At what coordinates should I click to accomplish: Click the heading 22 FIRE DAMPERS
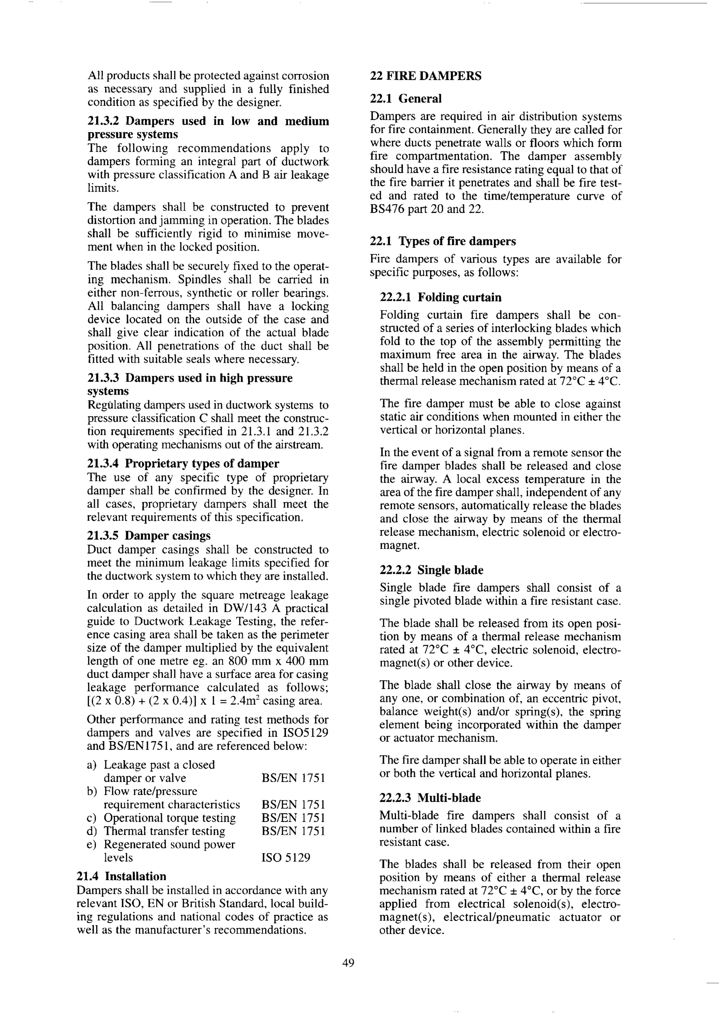pos(426,76)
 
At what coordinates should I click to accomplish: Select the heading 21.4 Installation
pos(121,877)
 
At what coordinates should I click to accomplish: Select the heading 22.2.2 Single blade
pos(431,570)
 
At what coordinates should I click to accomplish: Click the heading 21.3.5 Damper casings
pos(149,536)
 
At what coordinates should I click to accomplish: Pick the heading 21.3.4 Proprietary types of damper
pos(183,464)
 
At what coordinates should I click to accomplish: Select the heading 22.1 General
pos(405,98)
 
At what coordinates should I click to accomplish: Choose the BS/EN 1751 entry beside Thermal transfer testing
pos(293,831)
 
